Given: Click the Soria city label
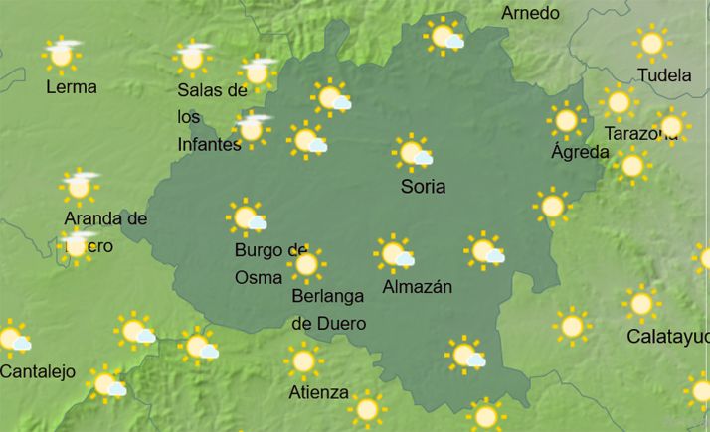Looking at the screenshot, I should coord(423,187).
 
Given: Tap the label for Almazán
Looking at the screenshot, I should coord(417,287).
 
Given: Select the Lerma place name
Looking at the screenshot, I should coord(72,87).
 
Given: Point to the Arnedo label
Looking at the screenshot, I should coord(530,14).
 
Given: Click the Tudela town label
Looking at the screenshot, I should coord(665,76).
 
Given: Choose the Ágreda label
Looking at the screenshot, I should coord(580,152).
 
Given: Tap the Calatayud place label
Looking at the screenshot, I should coord(667,336).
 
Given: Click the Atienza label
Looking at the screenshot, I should coord(318,392).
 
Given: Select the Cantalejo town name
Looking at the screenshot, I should coord(38,372).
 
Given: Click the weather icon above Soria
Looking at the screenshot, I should coord(412,153).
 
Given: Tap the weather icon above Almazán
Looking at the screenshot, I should coord(395,253).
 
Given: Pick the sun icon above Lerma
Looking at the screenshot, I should coord(62,55).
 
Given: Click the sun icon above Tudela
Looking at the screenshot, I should coord(652,43).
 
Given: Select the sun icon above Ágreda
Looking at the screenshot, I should coord(566,120).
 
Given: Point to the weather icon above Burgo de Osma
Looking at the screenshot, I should coord(246,216).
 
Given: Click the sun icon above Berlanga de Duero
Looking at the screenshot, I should coord(306,264).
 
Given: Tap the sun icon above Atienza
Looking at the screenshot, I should coord(304,360).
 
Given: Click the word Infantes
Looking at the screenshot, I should coord(209,145).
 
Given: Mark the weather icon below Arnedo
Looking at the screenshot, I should coord(444,38).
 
